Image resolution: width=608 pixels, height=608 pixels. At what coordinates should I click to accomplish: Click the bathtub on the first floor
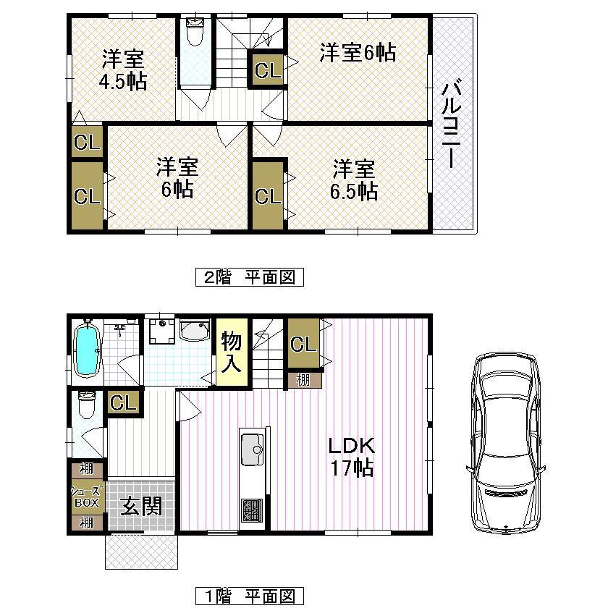tap(87, 350)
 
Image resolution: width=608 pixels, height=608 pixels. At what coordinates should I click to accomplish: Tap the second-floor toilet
tap(195, 32)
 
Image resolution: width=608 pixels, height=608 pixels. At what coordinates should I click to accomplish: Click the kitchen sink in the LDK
tap(253, 447)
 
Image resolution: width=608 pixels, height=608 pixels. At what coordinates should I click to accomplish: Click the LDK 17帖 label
tap(352, 457)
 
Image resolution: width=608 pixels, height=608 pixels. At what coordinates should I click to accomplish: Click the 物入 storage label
tap(231, 352)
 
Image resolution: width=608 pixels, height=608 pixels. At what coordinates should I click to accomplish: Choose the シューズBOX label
tap(87, 496)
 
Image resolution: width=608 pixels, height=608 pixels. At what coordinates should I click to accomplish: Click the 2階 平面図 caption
tap(249, 277)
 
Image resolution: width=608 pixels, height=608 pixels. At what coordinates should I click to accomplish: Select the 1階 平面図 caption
tap(249, 596)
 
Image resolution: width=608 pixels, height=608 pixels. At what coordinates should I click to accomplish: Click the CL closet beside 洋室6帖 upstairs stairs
tap(267, 71)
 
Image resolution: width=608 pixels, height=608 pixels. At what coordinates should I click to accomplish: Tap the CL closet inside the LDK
tap(303, 345)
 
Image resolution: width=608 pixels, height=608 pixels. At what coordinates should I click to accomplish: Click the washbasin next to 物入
tap(194, 332)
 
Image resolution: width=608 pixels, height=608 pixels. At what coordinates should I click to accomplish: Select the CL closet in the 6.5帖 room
tap(267, 195)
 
